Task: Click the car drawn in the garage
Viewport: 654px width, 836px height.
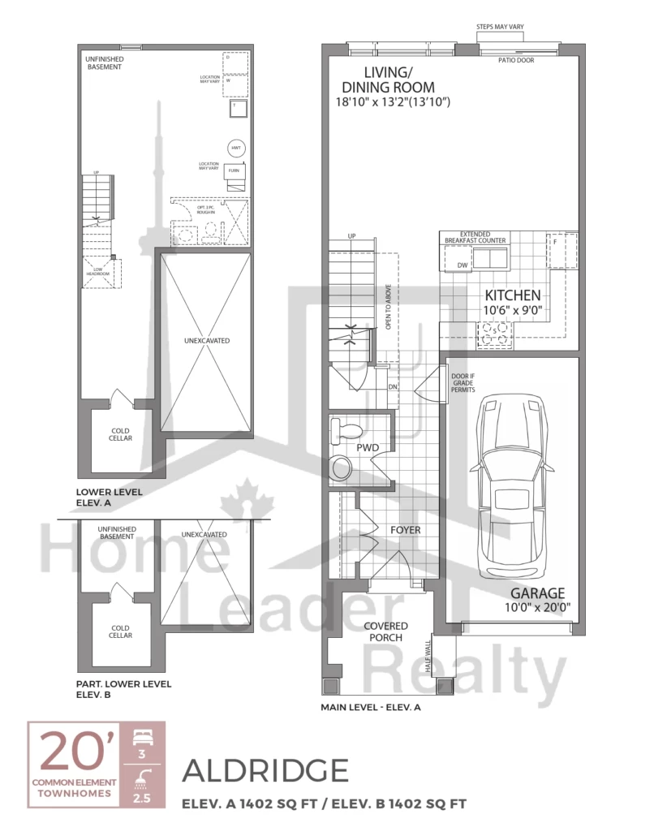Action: pos(510,487)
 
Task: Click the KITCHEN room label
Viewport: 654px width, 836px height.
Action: pos(513,295)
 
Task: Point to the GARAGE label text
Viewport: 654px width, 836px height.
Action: pos(537,593)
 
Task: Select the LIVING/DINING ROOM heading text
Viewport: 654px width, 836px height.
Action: pos(389,80)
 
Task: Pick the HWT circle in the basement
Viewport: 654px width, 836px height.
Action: pos(237,149)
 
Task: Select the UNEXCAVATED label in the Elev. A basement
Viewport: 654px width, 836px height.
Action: pos(207,340)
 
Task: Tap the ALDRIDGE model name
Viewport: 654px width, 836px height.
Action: pos(267,769)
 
